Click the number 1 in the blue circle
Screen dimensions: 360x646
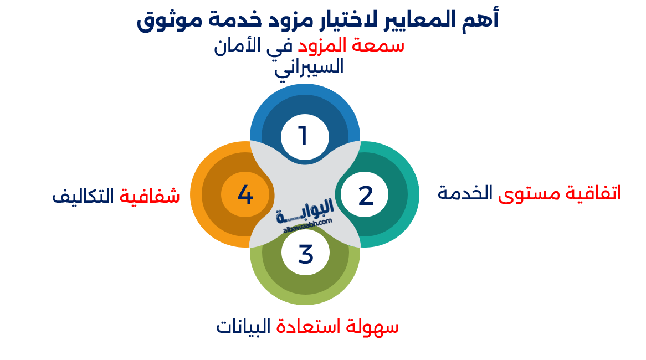(303, 136)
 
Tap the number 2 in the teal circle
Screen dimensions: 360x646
(366, 196)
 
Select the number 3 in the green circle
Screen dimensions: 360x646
(305, 254)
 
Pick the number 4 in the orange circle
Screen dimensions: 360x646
(245, 195)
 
